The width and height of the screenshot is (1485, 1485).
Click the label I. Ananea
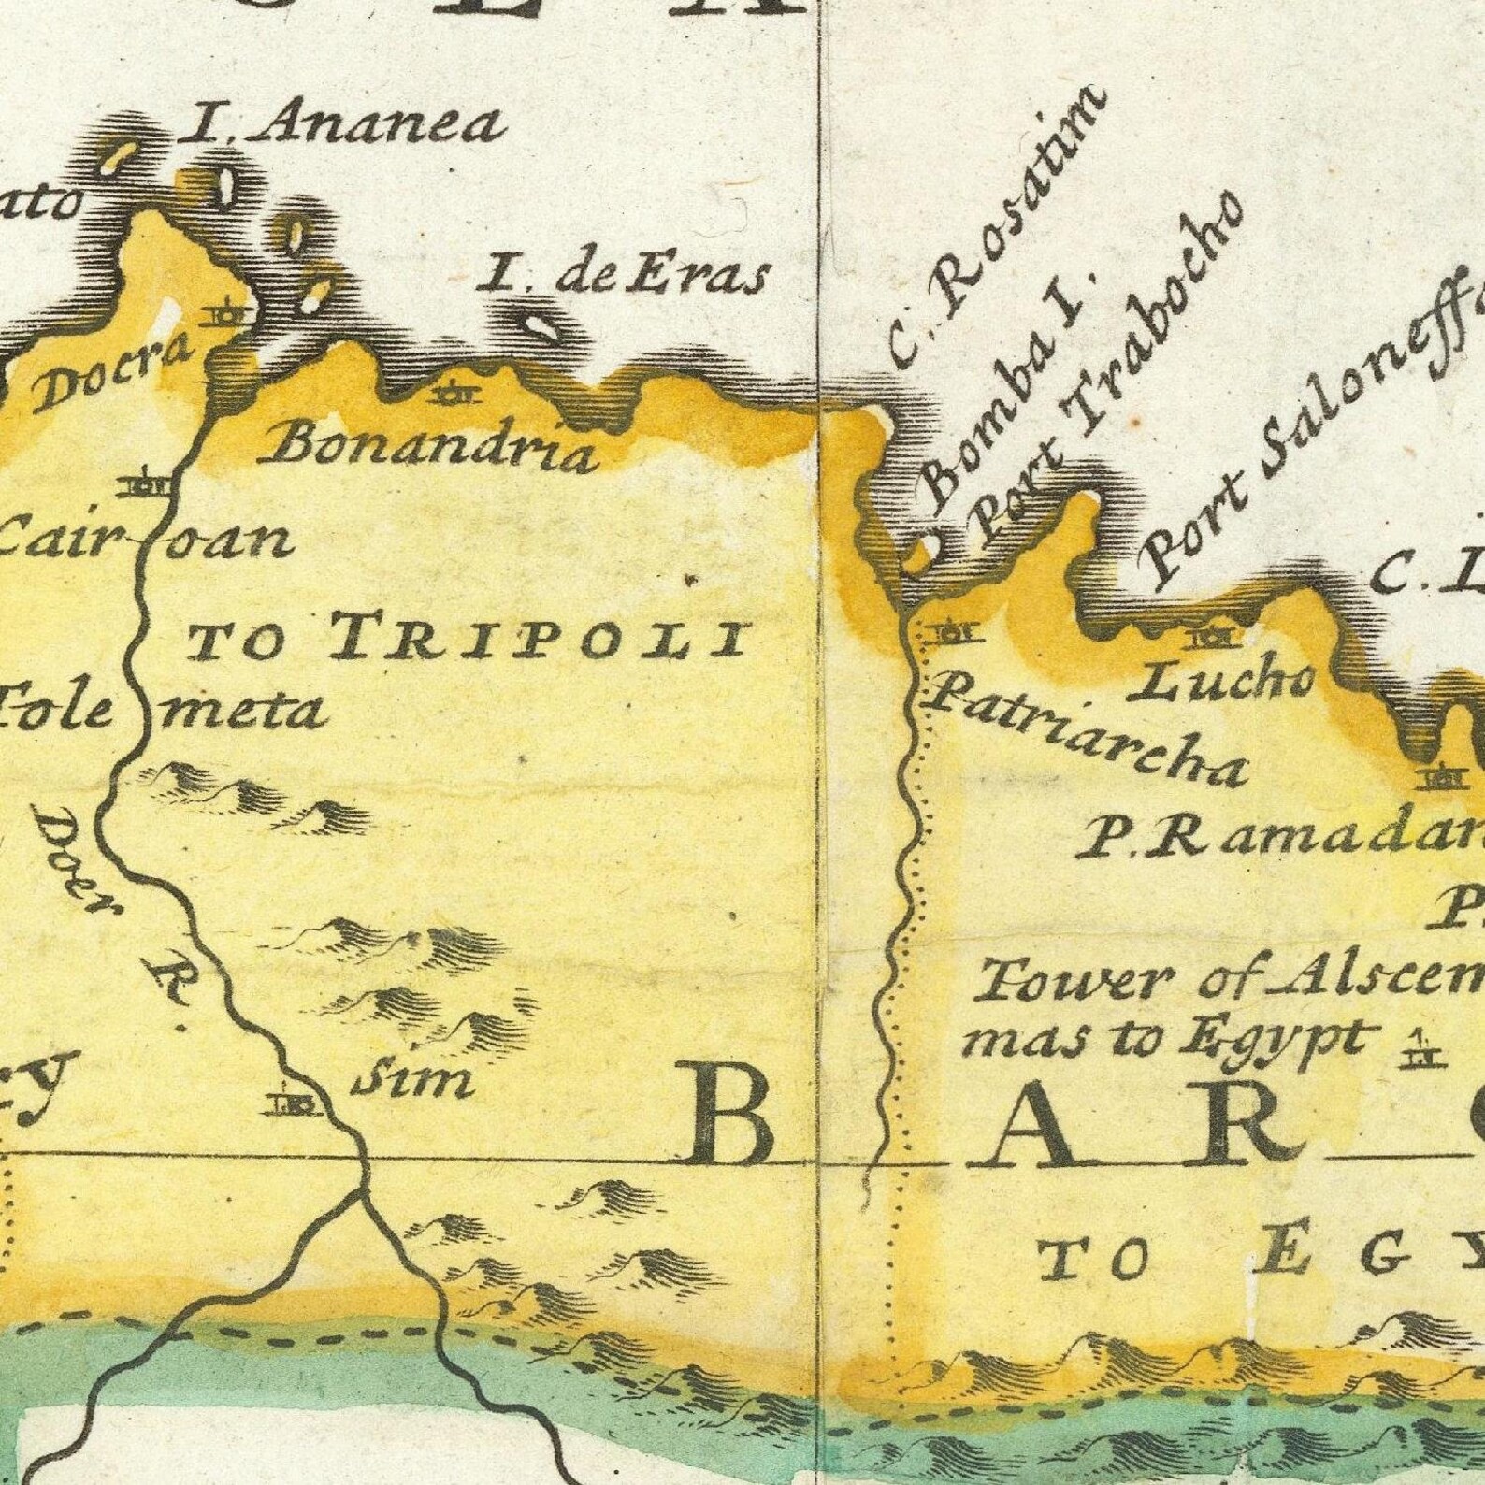pyautogui.click(x=340, y=125)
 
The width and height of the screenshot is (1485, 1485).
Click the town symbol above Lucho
pyautogui.click(x=1213, y=638)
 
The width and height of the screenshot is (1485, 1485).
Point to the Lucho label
pyautogui.click(x=1224, y=684)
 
